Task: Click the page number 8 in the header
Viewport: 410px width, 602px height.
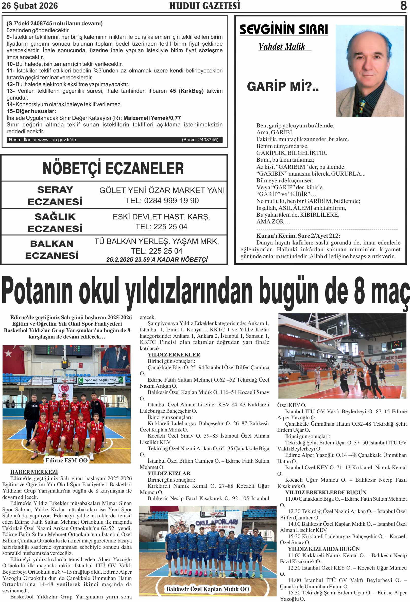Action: [403, 5]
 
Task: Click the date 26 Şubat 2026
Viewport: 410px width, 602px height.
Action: [30, 6]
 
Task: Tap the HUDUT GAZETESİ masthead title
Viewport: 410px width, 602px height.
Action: [204, 6]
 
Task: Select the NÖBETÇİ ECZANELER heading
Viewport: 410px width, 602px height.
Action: [113, 168]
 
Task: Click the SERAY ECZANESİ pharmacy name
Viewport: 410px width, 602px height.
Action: [55, 196]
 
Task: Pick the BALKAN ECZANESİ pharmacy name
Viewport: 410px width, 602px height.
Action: [52, 250]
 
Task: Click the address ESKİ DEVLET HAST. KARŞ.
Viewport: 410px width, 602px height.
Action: [161, 217]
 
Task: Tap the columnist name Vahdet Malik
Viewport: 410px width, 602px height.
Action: [282, 47]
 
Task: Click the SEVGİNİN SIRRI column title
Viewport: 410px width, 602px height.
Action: [283, 30]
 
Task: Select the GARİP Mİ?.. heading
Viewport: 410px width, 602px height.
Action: [283, 86]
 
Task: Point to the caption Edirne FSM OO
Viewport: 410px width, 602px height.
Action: [66, 460]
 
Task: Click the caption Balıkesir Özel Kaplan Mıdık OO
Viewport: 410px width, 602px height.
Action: [208, 589]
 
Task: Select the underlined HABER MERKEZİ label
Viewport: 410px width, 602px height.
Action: [34, 472]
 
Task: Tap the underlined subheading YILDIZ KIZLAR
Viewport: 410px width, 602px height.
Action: [169, 474]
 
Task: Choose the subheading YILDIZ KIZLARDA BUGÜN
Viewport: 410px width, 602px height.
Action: [323, 549]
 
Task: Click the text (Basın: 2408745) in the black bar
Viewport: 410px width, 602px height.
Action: [200, 140]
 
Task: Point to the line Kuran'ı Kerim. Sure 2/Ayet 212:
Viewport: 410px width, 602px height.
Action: [298, 236]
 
